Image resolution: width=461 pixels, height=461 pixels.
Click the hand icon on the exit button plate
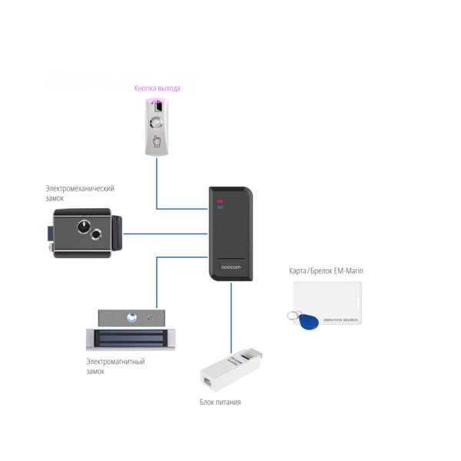[x=158, y=141]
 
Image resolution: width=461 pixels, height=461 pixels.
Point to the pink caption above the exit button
[x=157, y=88]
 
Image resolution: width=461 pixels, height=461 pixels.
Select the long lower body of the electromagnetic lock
[x=130, y=336]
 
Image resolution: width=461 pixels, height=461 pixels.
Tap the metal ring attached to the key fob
[x=290, y=313]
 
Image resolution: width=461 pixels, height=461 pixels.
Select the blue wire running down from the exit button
[x=157, y=184]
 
